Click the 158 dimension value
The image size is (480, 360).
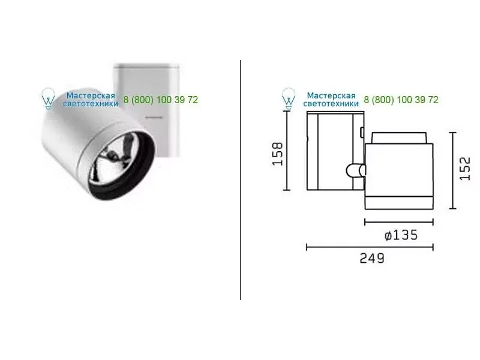(x=277, y=154)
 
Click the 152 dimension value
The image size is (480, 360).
(x=464, y=169)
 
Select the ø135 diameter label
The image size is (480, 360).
(x=401, y=235)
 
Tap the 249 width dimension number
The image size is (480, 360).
(x=371, y=259)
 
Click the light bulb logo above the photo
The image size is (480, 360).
(x=48, y=98)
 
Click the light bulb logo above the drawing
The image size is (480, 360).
(x=289, y=98)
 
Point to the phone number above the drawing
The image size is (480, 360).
(x=401, y=100)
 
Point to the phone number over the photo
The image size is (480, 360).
(x=161, y=100)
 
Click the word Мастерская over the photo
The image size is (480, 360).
(x=91, y=95)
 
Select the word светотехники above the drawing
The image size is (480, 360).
(x=331, y=104)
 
